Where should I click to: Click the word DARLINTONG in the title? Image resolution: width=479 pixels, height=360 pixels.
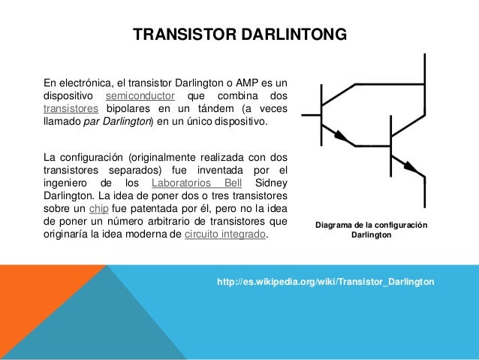pos(293,35)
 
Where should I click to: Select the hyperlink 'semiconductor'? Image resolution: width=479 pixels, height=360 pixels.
pos(140,95)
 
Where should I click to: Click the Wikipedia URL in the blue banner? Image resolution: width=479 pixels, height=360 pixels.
pos(324,281)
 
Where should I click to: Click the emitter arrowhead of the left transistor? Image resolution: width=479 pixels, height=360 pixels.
pos(342,137)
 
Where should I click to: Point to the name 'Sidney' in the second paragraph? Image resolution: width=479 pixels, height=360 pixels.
pos(272,183)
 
